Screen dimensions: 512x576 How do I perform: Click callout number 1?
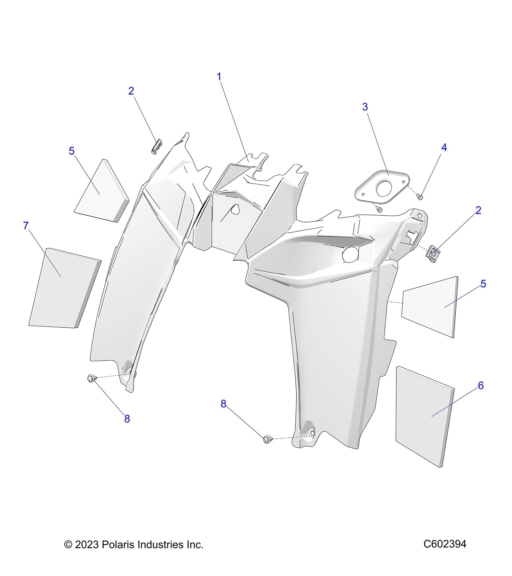tap(219, 77)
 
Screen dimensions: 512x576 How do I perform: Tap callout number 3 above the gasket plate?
tap(365, 107)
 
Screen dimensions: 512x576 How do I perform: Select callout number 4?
tap(444, 148)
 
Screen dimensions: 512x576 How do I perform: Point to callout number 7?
tap(26, 226)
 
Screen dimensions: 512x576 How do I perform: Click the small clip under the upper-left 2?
tap(156, 146)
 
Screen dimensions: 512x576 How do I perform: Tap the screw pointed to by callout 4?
tap(420, 197)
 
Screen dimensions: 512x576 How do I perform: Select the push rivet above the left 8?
tap(91, 379)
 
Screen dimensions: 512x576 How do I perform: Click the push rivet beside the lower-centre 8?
tap(268, 439)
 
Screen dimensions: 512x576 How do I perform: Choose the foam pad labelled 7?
tap(65, 288)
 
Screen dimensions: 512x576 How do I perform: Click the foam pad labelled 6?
tap(425, 417)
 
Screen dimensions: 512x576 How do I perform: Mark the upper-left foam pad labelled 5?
tap(102, 191)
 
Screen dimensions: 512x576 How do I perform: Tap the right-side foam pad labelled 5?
tap(430, 307)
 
